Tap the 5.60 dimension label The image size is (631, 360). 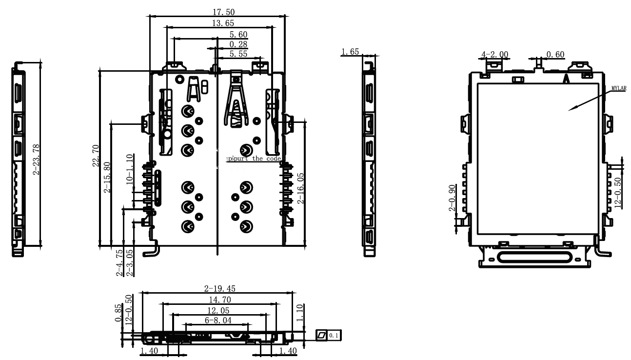tap(238, 34)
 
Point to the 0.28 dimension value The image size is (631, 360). tap(238, 44)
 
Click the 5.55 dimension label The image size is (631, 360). tap(238, 54)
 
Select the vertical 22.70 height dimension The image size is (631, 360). tap(96, 156)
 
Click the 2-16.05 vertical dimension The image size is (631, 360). tap(301, 187)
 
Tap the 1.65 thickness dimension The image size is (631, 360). tap(350, 52)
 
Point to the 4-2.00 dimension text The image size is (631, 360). tap(494, 54)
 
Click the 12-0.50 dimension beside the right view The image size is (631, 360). tap(618, 193)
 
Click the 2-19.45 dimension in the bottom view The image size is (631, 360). tap(218, 288)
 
